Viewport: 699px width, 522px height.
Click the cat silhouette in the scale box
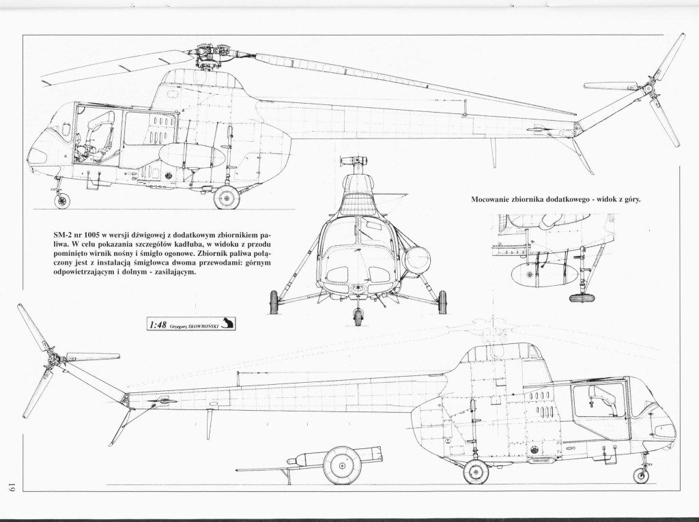[x=227, y=323]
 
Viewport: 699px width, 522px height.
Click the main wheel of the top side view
[x=227, y=197]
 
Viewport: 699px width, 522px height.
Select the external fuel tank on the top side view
[x=192, y=156]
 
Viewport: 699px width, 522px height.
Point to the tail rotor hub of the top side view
[x=649, y=91]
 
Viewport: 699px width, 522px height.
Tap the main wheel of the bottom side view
[x=476, y=472]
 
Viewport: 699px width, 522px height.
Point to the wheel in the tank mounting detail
[x=581, y=298]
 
